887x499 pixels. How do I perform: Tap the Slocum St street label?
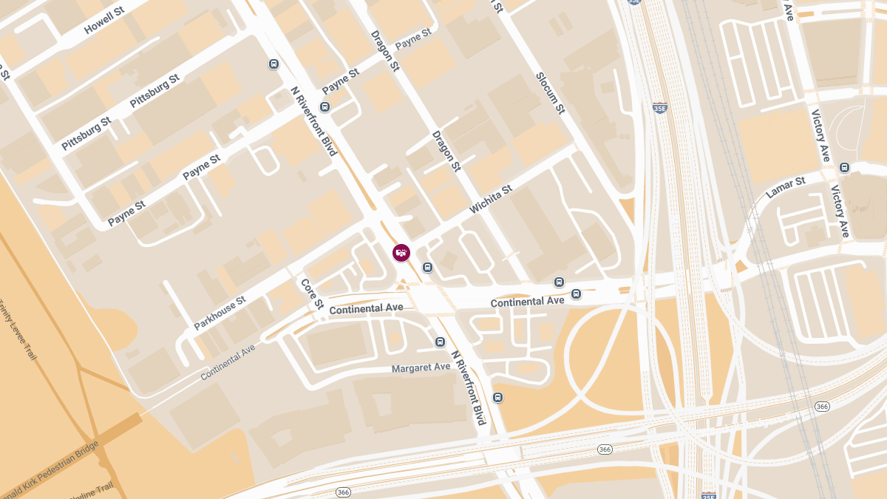[550, 93]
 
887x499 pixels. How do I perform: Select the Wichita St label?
[491, 200]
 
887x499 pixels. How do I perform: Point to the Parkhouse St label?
[220, 313]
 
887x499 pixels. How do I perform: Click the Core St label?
[312, 293]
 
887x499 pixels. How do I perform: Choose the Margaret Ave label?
[421, 367]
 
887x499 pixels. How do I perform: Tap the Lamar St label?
[785, 188]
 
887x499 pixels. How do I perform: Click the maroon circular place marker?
[401, 253]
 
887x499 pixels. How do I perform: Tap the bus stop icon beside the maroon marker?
[427, 267]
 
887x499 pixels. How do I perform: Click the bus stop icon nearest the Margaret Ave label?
[441, 342]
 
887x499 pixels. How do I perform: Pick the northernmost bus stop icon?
[273, 64]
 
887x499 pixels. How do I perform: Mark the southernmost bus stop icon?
[498, 398]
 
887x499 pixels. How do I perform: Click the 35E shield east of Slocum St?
[660, 108]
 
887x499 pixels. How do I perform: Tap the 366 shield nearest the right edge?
[822, 407]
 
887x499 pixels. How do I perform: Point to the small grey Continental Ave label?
[228, 361]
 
